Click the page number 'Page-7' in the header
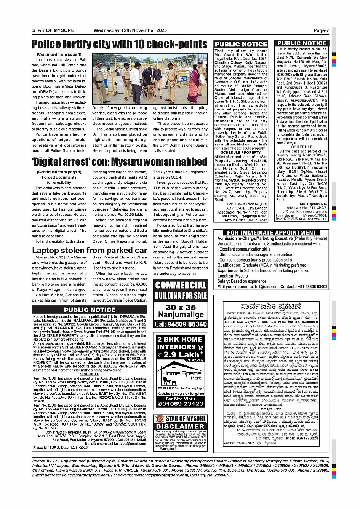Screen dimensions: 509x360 click(321, 30)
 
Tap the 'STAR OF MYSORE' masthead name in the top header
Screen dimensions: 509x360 click(53, 30)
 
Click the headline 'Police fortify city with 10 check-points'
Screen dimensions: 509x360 click(120, 44)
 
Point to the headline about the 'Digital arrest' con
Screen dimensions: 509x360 click(120, 162)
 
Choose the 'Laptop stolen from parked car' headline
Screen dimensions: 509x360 click(90, 250)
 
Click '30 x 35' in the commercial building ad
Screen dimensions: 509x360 click(181, 307)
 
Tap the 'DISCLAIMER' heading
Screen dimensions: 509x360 click(181, 426)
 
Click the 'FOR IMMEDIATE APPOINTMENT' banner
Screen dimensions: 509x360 click(272, 233)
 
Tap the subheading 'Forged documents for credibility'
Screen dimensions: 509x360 click(59, 180)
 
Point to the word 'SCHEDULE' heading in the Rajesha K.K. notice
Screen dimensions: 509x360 click(302, 147)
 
